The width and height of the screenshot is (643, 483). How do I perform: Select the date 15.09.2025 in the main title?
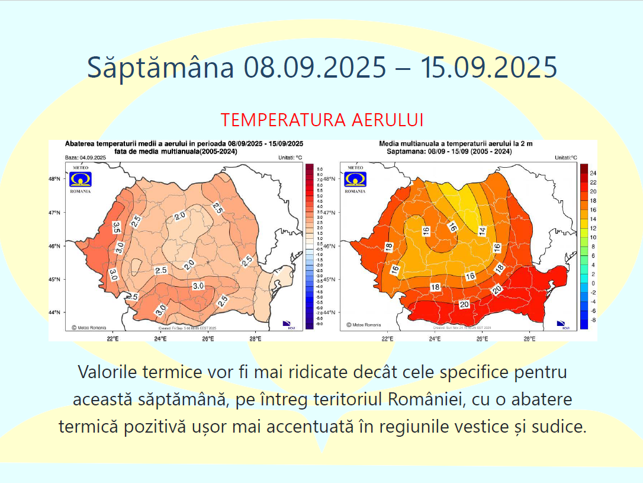pyautogui.click(x=488, y=67)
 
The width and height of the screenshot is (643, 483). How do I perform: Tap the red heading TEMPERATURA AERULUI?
pyautogui.click(x=322, y=120)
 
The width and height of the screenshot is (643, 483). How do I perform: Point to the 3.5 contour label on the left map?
pyautogui.click(x=117, y=226)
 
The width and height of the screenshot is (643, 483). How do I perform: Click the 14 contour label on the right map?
pyautogui.click(x=482, y=231)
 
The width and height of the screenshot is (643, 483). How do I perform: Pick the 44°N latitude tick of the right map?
pyautogui.click(x=330, y=312)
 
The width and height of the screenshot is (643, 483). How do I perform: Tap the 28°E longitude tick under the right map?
pyautogui.click(x=530, y=339)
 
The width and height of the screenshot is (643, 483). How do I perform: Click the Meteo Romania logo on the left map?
pyautogui.click(x=81, y=180)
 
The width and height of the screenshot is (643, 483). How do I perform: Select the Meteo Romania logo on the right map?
pyautogui.click(x=355, y=180)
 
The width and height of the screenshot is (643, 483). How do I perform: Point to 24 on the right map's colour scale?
pyautogui.click(x=593, y=173)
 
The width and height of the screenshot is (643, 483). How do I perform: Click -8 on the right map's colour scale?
pyautogui.click(x=593, y=319)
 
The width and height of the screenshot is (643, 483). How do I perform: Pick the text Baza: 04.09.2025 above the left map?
pyautogui.click(x=85, y=158)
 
